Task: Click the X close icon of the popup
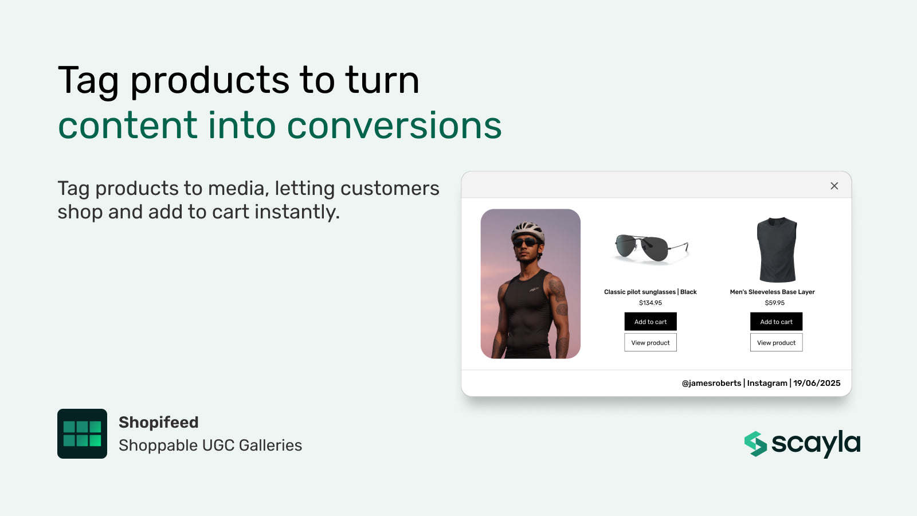[x=834, y=186]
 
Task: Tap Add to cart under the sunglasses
[x=650, y=322]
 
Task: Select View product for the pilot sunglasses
[x=650, y=343]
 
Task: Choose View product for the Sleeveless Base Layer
[x=776, y=343]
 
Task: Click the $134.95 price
[x=650, y=303]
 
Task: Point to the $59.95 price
[x=774, y=303]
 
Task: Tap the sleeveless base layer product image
[x=777, y=249]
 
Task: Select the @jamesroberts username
[x=711, y=383]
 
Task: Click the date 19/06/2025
[x=817, y=383]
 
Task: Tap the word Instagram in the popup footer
[x=767, y=383]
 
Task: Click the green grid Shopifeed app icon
[x=82, y=433]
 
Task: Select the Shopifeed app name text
[x=159, y=423]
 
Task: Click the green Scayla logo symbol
[x=755, y=444]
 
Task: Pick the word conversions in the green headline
[x=394, y=126]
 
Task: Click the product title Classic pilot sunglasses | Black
[x=650, y=292]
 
